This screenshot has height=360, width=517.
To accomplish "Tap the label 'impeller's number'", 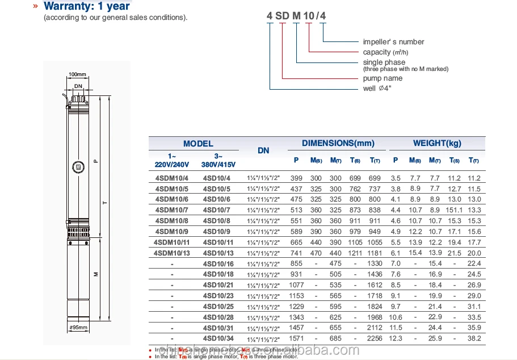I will (x=393, y=42).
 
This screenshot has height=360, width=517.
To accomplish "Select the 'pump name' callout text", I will (x=383, y=78).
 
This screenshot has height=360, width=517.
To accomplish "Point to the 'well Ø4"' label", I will (x=377, y=89).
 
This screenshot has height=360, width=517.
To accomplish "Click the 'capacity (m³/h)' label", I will (x=385, y=52).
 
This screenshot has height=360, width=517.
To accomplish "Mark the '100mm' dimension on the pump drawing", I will (x=77, y=74).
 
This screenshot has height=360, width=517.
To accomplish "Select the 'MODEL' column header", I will (x=198, y=144).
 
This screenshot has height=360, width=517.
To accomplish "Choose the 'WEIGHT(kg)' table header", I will (x=437, y=143).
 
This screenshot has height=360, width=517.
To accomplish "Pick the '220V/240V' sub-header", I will (x=171, y=165).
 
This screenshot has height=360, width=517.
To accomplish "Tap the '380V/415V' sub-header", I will (x=218, y=165).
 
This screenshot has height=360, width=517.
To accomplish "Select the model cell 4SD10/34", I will (x=218, y=339).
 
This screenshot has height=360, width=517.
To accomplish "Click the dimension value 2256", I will (x=375, y=339).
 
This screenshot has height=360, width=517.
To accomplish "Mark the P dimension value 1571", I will (x=296, y=339).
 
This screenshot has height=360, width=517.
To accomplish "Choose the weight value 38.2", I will (x=474, y=339).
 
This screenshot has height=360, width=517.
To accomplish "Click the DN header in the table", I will (x=263, y=151).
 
